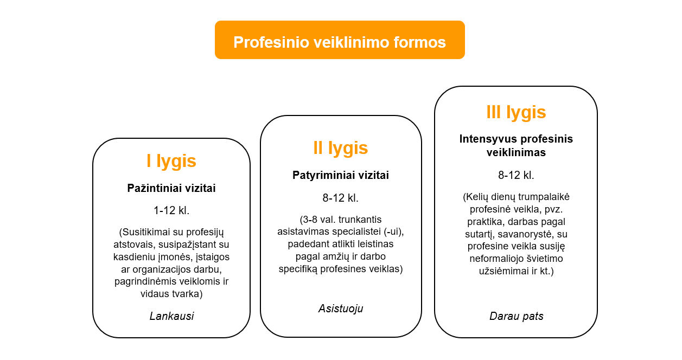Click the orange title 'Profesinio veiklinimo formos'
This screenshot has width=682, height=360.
coord(340,42)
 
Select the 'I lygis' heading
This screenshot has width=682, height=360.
coord(171,161)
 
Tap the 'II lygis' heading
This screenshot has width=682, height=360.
coord(340,148)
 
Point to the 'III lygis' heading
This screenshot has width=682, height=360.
coord(516,113)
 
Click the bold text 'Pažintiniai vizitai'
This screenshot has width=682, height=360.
coord(171,188)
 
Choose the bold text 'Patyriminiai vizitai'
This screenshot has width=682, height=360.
coord(340,175)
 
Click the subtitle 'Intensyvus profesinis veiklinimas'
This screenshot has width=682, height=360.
coord(516,145)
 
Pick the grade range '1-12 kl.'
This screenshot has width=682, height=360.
coord(171,210)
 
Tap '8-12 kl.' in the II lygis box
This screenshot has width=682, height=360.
coord(340,198)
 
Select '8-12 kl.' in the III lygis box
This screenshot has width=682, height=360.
coord(516,175)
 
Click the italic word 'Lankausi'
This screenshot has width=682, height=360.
coord(171,316)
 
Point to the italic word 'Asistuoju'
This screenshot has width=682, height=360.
coord(341,308)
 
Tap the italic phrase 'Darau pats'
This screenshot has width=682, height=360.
coord(517,316)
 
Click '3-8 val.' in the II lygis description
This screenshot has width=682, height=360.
coord(318,220)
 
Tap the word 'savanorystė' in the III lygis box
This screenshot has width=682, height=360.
coord(526,234)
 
